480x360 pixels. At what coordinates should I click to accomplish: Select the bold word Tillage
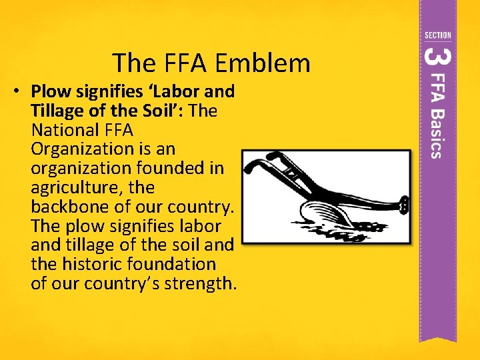click(59, 110)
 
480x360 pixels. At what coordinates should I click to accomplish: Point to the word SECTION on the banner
click(437, 35)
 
